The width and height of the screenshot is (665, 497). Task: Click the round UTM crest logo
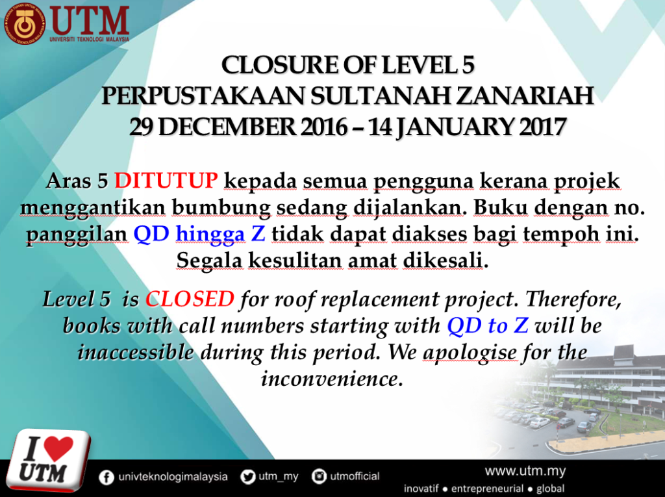coord(24,23)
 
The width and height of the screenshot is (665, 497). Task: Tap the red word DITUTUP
coord(166,181)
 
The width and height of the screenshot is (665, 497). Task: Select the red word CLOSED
coord(190,299)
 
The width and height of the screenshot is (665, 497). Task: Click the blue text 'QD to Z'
coord(488,326)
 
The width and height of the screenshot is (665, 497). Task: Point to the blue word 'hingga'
coord(210,235)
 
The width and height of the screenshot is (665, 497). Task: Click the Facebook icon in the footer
coord(107,478)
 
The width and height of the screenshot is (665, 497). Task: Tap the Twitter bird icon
coord(247,477)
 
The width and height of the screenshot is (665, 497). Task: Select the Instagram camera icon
coord(319,477)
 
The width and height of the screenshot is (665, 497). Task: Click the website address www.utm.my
coord(525,471)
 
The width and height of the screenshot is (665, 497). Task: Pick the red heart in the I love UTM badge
coord(58,449)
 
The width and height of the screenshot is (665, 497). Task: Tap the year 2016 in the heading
coord(324,127)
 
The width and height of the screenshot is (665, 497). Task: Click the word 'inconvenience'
coord(332,379)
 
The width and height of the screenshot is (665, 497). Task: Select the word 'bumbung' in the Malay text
coord(221,208)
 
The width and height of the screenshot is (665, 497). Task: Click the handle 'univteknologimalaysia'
coord(173,477)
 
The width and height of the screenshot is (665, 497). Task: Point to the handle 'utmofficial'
coord(355,477)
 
